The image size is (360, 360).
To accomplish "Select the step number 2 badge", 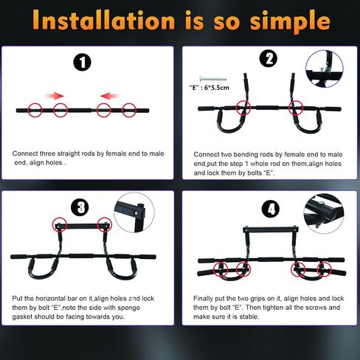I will click(269, 60).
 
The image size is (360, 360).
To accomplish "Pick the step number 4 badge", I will click(272, 208).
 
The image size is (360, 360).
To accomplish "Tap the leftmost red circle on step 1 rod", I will click(34, 111).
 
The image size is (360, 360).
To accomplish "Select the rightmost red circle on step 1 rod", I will click(130, 111).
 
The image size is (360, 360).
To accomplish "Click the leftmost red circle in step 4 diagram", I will click(219, 266).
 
